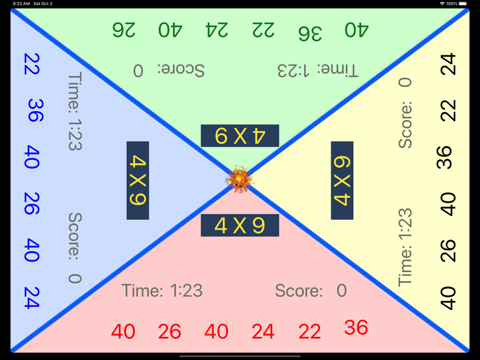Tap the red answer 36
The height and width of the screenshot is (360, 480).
356,328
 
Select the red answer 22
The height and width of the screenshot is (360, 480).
310,332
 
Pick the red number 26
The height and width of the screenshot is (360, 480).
170,332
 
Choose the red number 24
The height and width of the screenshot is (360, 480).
263,332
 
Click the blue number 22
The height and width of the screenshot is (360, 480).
32,64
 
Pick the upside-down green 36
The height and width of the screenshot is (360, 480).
310,33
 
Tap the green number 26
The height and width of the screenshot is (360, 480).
124,30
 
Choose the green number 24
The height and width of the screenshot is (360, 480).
217,30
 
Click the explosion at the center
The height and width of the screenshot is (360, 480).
240,180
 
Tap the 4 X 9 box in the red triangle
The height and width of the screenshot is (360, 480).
240,226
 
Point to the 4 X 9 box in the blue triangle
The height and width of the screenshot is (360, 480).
138,180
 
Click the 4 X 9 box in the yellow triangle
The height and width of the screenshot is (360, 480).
342,180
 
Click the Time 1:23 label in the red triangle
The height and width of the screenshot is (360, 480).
162,291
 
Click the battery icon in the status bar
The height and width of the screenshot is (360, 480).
463,4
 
